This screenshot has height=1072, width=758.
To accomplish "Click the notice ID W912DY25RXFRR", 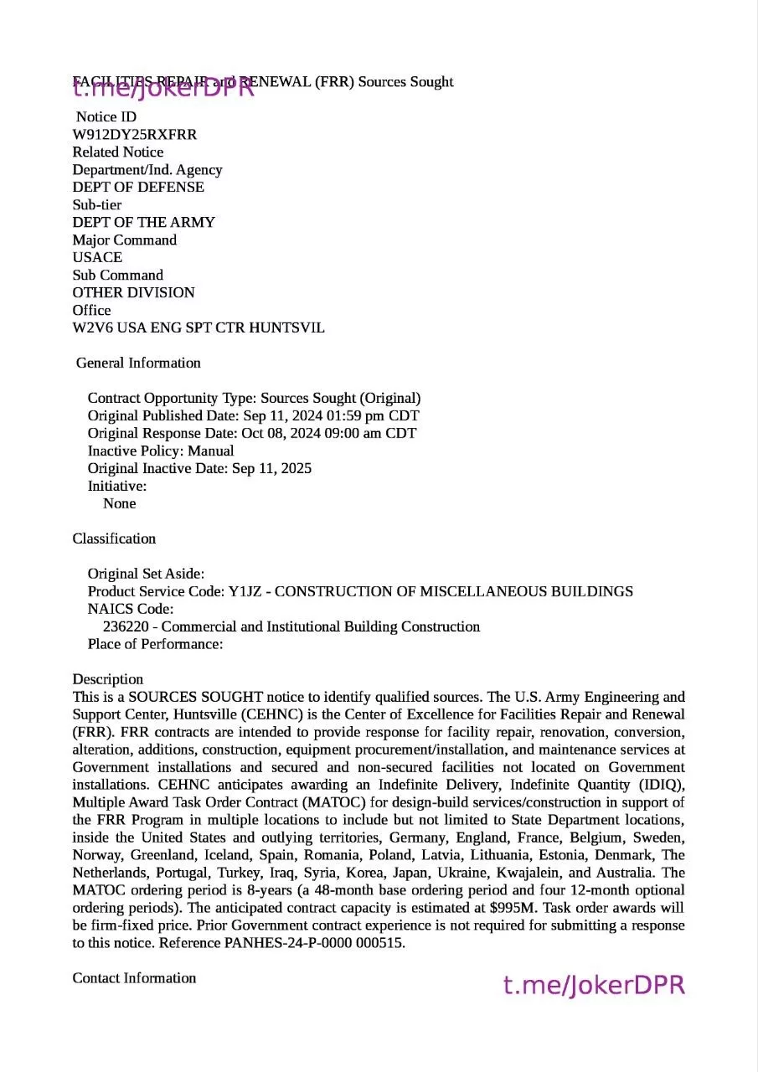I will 135,135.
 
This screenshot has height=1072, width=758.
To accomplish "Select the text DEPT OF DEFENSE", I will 138,188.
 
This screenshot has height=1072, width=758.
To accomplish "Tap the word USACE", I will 97,258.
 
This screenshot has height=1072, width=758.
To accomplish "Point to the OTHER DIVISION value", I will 133,293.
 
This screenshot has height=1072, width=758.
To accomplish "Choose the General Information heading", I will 138,363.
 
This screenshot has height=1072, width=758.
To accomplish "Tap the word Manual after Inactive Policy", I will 210,451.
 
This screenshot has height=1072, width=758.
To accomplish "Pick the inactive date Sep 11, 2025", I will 271,469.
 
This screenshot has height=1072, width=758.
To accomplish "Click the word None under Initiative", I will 119,504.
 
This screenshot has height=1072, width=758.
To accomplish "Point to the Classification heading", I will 114,539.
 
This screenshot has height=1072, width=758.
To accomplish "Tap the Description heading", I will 107,680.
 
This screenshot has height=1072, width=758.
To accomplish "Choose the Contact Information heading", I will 134,979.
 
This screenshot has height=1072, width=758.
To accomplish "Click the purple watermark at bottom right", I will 594,986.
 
